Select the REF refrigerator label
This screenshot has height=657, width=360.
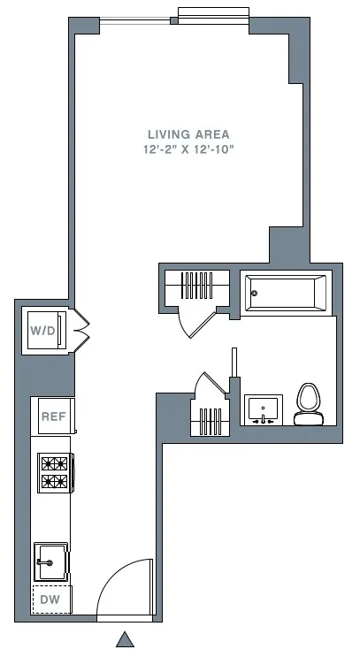[52, 416]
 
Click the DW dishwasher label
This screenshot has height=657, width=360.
[50, 600]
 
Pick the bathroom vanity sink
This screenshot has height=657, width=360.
[263, 410]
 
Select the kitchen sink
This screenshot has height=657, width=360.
[50, 562]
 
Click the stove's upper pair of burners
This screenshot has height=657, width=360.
[53, 462]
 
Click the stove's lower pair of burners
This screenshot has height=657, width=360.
[53, 482]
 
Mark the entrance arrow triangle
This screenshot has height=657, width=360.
[126, 639]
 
